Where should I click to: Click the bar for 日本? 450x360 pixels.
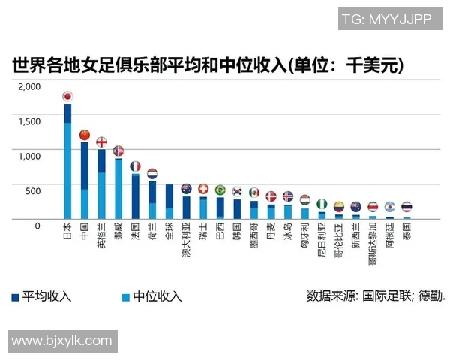(x=67, y=161)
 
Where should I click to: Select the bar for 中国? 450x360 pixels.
(x=85, y=180)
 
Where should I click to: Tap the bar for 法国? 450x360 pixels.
(x=136, y=196)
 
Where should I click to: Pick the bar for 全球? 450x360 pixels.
(x=169, y=201)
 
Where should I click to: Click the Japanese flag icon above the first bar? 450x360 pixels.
(x=67, y=96)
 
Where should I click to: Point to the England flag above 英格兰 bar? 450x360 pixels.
(x=101, y=142)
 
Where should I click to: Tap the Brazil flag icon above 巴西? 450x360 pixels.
(x=220, y=190)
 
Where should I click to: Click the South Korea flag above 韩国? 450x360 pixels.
(x=238, y=191)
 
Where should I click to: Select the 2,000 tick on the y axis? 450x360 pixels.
(x=29, y=87)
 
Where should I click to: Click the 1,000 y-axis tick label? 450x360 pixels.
(x=29, y=156)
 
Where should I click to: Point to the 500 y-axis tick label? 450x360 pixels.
(x=34, y=190)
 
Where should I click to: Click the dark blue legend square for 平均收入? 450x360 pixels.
(x=16, y=296)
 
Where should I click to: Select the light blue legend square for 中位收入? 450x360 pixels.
(x=125, y=296)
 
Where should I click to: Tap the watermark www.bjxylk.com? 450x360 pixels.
(x=61, y=341)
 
